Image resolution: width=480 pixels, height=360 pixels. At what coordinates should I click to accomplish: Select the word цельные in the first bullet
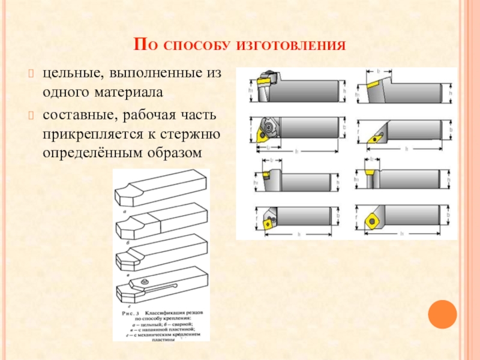65,74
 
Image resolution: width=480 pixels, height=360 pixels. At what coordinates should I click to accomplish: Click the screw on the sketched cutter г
144,281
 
